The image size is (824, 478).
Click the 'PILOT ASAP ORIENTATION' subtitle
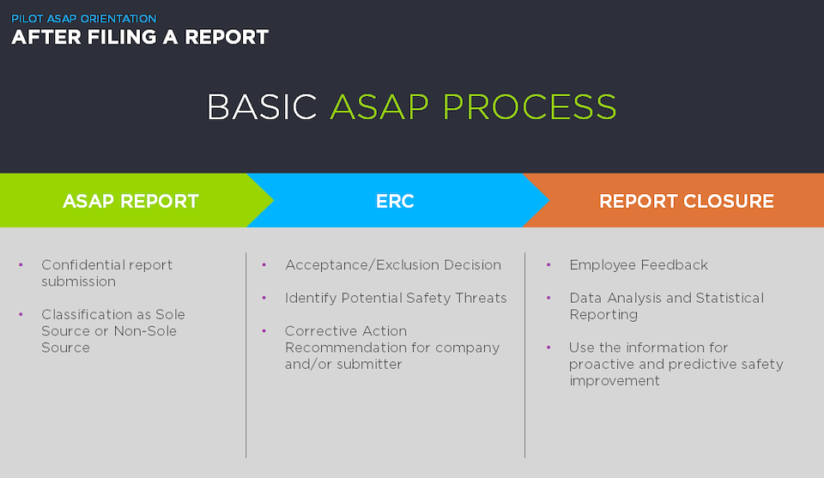(84, 18)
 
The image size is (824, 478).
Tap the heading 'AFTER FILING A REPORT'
(140, 37)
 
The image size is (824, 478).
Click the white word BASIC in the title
(262, 107)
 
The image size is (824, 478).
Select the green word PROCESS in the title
(530, 107)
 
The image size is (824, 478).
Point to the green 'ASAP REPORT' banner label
(130, 201)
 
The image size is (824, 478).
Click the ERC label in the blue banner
(395, 201)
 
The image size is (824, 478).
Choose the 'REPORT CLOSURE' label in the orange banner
(687, 201)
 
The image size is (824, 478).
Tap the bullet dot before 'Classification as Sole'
(21, 314)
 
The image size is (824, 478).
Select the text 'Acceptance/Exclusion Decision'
(393, 264)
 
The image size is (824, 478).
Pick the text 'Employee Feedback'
(639, 264)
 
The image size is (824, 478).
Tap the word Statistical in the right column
(730, 298)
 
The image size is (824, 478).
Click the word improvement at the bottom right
(615, 381)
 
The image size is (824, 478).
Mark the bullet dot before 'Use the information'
(548, 348)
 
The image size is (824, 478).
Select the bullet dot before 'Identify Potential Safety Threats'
(264, 298)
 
